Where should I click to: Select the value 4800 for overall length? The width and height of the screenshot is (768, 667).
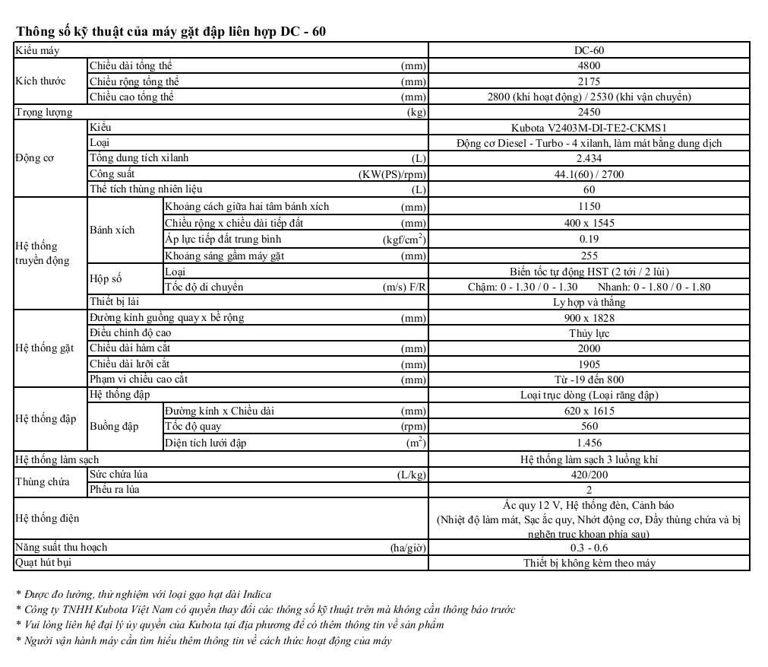click(589, 66)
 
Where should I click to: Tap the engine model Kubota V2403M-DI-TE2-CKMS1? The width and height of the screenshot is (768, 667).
click(589, 128)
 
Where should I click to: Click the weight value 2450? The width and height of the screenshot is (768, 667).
click(589, 113)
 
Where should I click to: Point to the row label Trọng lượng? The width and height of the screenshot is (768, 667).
click(44, 113)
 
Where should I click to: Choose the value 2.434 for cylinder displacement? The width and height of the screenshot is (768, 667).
click(589, 158)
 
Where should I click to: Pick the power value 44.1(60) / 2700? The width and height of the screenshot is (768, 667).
click(589, 174)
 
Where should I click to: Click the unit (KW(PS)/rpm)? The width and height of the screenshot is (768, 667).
click(393, 174)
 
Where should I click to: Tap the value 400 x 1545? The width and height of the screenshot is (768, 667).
click(589, 223)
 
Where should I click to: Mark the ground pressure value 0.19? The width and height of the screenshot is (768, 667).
click(589, 239)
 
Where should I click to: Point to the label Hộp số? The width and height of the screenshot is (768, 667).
click(106, 279)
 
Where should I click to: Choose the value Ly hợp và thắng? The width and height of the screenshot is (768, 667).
click(589, 302)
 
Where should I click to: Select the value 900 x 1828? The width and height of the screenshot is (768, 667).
click(589, 318)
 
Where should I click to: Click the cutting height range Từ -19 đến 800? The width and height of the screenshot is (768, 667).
click(589, 380)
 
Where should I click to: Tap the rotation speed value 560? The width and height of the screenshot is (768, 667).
click(589, 427)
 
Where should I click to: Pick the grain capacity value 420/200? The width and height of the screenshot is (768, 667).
click(589, 475)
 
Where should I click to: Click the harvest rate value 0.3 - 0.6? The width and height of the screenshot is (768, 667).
click(589, 548)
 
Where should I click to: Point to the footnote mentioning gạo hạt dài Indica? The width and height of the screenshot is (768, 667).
click(144, 594)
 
